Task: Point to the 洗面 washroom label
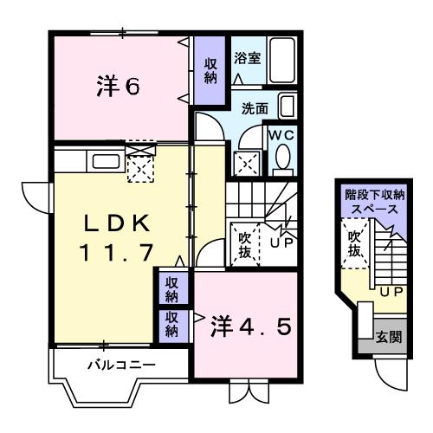(255, 110)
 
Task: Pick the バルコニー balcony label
(121, 365)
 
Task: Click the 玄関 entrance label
(388, 335)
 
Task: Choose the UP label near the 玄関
(389, 292)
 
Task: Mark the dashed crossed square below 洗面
(248, 162)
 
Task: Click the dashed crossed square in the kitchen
(139, 166)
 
